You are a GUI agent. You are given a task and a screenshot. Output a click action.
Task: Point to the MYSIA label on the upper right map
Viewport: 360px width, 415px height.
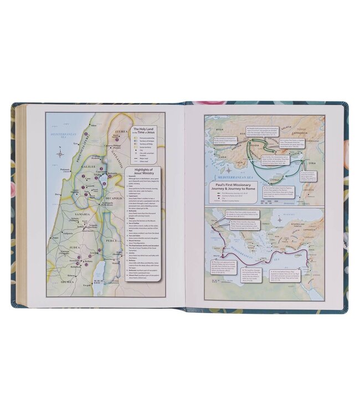pos(215,133)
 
